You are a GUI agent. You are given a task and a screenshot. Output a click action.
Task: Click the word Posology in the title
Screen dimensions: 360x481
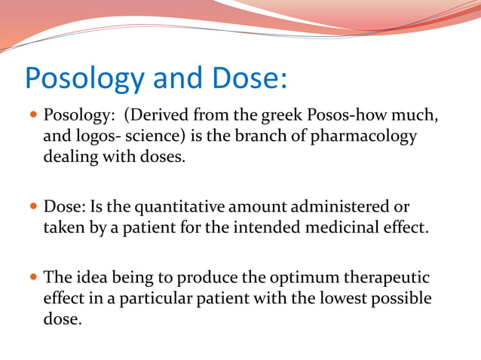point(82,79)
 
